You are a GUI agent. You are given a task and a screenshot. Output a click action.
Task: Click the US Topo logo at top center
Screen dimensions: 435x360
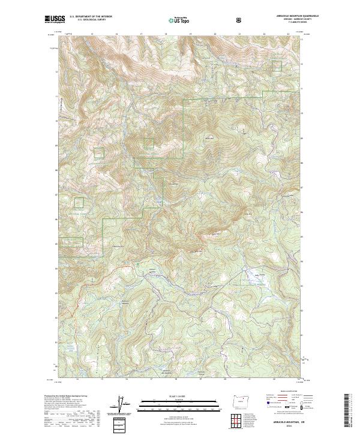175,20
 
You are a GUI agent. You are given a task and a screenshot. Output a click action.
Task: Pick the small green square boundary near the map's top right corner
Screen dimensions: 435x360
277,66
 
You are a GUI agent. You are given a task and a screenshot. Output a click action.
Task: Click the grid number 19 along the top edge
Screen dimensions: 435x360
190,34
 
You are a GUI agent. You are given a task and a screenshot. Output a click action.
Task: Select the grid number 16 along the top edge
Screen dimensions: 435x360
116,34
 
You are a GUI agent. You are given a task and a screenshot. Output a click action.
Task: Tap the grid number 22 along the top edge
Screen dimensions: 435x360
264,34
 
